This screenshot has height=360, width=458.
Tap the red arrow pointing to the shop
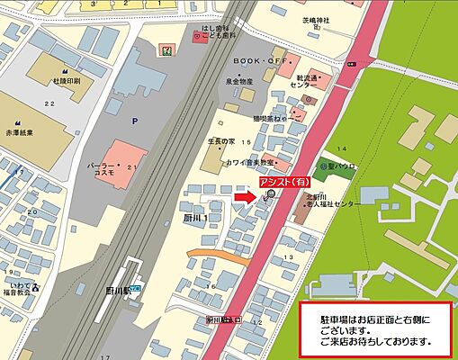[x=246, y=197]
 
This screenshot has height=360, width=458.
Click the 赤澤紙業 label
[x=20, y=130]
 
